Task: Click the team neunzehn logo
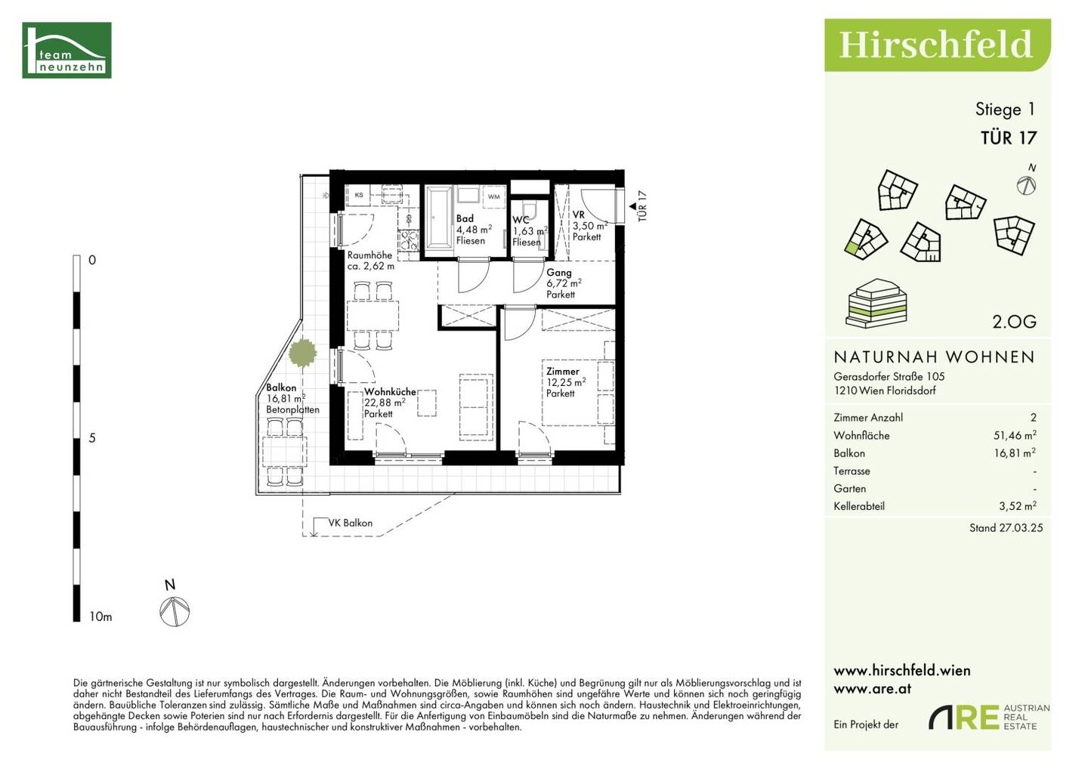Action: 66,50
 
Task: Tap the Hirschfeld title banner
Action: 937,45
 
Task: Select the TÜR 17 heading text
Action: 1009,138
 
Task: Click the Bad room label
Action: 465,218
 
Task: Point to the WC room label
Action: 521,220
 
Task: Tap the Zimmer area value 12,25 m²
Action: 566,382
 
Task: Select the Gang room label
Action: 558,273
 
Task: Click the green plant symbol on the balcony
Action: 302,353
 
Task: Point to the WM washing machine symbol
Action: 493,196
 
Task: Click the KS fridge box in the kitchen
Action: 359,195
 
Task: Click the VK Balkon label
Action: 351,523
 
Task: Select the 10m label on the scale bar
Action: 100,616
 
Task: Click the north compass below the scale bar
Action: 175,610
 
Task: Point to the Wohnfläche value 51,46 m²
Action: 1015,435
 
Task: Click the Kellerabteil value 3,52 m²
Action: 1018,506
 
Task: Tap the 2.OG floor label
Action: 1014,321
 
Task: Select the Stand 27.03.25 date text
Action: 1006,528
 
